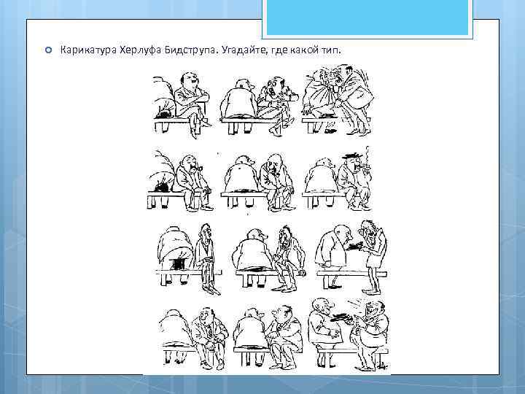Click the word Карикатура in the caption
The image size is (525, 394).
[88, 50]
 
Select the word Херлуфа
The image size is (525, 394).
[141, 50]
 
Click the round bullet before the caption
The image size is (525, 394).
[49, 50]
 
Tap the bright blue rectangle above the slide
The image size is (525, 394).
[367, 17]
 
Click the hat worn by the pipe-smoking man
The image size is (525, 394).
[352, 156]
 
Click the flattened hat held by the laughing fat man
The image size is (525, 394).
[340, 317]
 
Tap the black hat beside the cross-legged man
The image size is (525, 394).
[164, 114]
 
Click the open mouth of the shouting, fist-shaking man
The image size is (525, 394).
[273, 91]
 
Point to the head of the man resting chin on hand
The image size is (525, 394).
[275, 163]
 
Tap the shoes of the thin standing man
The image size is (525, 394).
[372, 290]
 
